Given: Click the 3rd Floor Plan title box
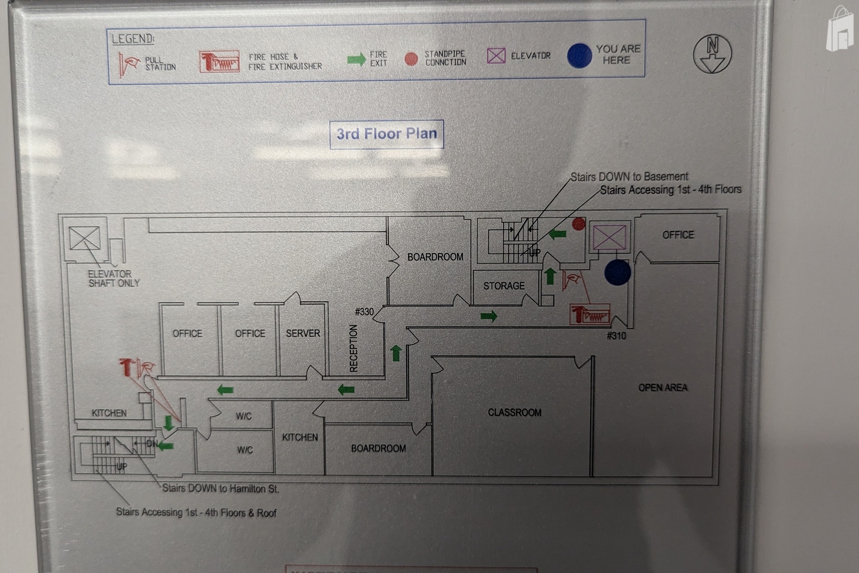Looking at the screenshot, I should [x=387, y=134].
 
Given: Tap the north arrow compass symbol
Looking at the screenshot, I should [x=712, y=54].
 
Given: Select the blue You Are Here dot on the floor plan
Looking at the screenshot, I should [x=617, y=273].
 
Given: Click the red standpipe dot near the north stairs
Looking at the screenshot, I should [x=578, y=223].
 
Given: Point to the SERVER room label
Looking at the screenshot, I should [x=303, y=333].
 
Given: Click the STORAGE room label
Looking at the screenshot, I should [x=503, y=286].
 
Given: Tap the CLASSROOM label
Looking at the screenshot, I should [x=514, y=413].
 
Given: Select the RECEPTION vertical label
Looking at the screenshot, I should [x=354, y=348].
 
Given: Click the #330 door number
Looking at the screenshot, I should [x=364, y=312].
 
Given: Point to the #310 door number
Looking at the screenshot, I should [x=616, y=336].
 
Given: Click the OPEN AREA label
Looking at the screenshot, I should [x=662, y=388].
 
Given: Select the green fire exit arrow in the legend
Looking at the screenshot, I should [x=356, y=60].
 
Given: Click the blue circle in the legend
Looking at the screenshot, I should [x=579, y=55].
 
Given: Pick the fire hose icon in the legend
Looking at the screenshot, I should [x=219, y=62].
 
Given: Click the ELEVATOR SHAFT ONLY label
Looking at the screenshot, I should [x=114, y=278].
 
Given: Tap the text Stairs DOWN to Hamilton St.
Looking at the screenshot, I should [x=220, y=488].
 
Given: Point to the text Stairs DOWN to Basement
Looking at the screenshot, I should [x=629, y=177].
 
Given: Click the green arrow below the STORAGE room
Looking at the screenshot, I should [x=489, y=316].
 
